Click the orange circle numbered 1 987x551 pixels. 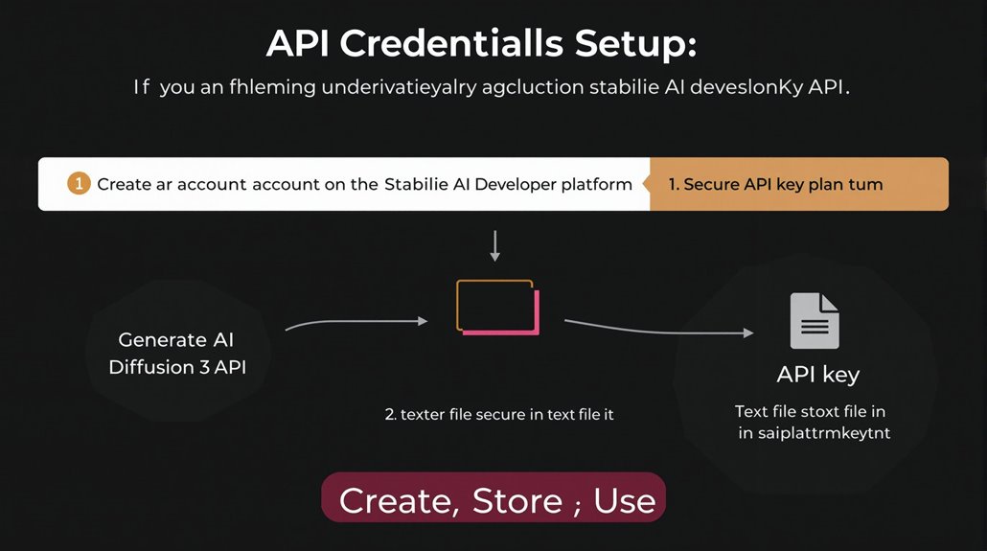[x=79, y=184]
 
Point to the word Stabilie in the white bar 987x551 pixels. [x=419, y=184]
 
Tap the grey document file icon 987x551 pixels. [x=815, y=320]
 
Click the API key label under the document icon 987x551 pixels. [x=817, y=374]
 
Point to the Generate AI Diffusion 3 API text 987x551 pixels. [x=177, y=353]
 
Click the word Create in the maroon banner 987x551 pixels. [x=397, y=500]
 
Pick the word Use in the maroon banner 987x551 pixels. [x=625, y=500]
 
